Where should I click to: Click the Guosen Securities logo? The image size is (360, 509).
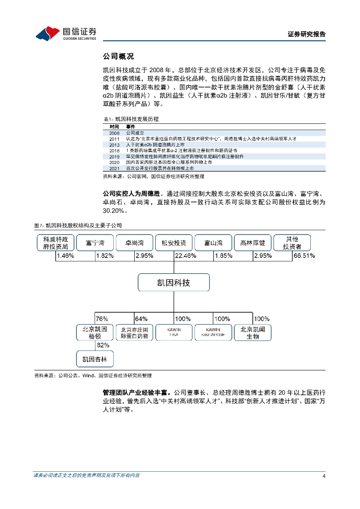(66, 33)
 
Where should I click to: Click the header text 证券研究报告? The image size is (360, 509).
(307, 34)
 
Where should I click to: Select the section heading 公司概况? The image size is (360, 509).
(118, 56)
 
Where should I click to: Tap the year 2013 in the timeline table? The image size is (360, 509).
(114, 144)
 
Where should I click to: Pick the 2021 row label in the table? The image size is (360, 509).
(114, 168)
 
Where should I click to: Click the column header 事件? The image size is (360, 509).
(131, 127)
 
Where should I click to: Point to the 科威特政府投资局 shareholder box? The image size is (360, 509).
(55, 243)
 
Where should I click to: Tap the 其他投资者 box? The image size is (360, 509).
(292, 243)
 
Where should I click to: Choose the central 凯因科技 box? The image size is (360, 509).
(173, 283)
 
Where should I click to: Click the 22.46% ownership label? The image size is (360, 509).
(185, 255)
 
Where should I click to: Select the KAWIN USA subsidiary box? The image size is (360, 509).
(174, 333)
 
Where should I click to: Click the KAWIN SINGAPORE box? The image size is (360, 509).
(213, 333)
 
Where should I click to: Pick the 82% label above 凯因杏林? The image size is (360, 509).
(102, 345)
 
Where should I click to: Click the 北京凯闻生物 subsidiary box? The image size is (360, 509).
(253, 333)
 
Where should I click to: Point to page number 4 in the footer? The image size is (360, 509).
(324, 476)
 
